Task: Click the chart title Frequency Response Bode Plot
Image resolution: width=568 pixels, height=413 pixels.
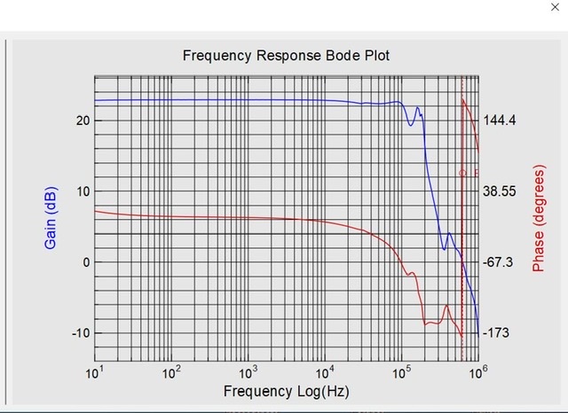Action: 286,55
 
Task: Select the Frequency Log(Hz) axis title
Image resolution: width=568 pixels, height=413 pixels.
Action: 286,391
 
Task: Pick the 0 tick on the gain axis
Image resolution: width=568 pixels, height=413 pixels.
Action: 86,262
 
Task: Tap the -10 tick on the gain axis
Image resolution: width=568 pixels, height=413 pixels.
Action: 78,333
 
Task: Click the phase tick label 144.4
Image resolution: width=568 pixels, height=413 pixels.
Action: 501,121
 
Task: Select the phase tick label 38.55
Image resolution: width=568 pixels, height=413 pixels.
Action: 501,191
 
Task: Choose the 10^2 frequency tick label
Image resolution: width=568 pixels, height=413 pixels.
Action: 171,370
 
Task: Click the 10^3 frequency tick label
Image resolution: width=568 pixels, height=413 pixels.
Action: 248,370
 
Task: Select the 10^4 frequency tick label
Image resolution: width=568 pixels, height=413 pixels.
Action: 325,370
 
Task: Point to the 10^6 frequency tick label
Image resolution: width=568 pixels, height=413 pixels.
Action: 478,370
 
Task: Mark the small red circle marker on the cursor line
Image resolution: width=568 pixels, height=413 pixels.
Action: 462,173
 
